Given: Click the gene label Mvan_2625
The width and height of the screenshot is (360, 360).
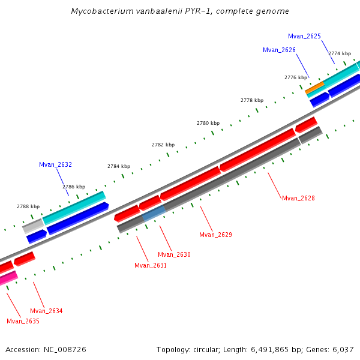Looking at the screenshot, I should coord(304,37).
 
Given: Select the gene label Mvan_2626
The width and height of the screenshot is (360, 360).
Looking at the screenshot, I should coord(279,50).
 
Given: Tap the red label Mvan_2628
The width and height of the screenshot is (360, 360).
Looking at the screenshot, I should coord(298,198).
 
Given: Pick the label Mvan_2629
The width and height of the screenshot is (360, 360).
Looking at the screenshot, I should coord(215,235).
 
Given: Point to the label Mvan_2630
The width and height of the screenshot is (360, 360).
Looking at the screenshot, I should coord(174,254).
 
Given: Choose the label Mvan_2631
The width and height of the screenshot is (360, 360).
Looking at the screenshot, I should coord(151,265).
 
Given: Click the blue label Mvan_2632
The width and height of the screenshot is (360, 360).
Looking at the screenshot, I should coord(55,164).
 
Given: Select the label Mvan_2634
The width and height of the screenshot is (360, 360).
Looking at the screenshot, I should coord(46,311).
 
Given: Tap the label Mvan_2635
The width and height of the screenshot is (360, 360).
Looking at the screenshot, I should coord(23,321).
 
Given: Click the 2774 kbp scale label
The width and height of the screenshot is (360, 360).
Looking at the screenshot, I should coord(339,53).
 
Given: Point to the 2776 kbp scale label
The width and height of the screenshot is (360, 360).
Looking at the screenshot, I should coord(295,77).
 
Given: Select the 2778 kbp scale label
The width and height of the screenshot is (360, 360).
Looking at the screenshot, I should coord(252,100).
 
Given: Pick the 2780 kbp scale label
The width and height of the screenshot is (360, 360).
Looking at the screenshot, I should coord(208,123).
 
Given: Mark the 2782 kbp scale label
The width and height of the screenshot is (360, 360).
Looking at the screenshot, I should coord(163,145).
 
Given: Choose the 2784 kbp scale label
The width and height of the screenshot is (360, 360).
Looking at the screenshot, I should coord(119,166).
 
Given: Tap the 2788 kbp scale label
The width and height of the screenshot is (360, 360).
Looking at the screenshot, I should coord(28,206).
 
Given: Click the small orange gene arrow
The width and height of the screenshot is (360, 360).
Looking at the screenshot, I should coord(314,87).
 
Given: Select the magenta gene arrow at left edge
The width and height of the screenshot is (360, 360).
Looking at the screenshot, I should coord(8,278).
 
